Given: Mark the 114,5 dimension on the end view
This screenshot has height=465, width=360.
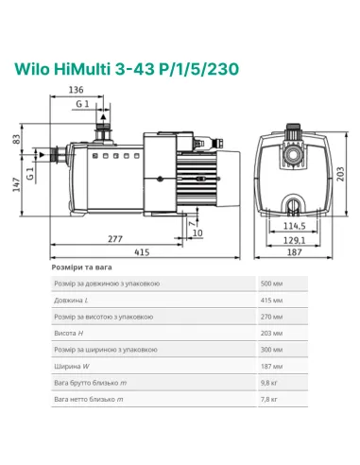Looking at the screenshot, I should pos(295,226).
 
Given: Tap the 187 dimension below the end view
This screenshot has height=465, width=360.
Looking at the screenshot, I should pos(295,254).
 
